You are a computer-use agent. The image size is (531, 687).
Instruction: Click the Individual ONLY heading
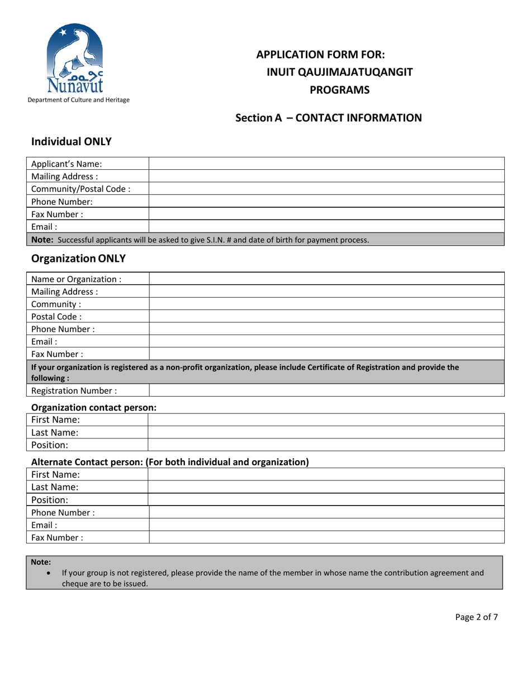pyautogui.click(x=72, y=142)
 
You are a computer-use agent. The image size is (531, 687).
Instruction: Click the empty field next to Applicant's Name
pyautogui.click(x=327, y=164)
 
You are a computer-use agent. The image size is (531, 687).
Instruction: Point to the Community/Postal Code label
pyautogui.click(x=81, y=188)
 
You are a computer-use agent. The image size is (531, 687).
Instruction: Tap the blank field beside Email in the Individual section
pyautogui.click(x=327, y=227)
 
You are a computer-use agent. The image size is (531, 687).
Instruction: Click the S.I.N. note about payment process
pyautogui.click(x=200, y=240)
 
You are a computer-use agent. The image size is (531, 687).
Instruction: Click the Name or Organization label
pyautogui.click(x=77, y=279)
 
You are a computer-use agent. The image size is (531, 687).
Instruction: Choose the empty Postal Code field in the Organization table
pyautogui.click(x=327, y=316)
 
